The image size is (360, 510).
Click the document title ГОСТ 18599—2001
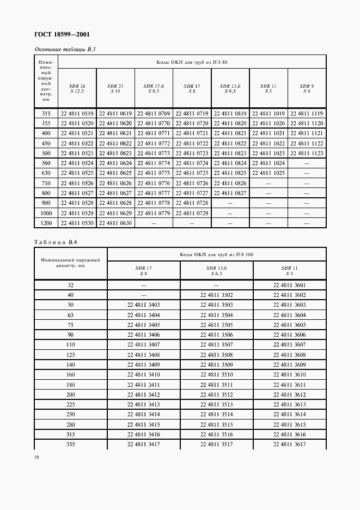[x=63, y=35]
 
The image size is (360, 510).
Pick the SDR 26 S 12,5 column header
[x=77, y=88]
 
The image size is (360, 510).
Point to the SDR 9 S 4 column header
[x=307, y=88]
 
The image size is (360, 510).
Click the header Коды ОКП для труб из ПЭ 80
[x=192, y=62]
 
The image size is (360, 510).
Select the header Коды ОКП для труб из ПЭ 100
[x=217, y=254]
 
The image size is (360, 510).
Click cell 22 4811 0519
[x=77, y=113]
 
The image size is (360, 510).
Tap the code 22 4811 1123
[x=307, y=154]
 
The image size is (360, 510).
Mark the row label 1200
[x=46, y=223]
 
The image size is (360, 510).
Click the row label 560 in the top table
[x=46, y=163]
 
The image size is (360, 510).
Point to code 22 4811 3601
[x=289, y=285]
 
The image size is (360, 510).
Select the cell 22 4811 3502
[x=216, y=295]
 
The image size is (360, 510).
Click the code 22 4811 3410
[x=144, y=375]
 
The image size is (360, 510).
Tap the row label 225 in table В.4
[x=71, y=405]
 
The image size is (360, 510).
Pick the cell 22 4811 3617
[x=289, y=445]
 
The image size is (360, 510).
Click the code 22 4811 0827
[x=230, y=193]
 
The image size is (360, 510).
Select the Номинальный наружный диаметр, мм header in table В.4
[x=71, y=263]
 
